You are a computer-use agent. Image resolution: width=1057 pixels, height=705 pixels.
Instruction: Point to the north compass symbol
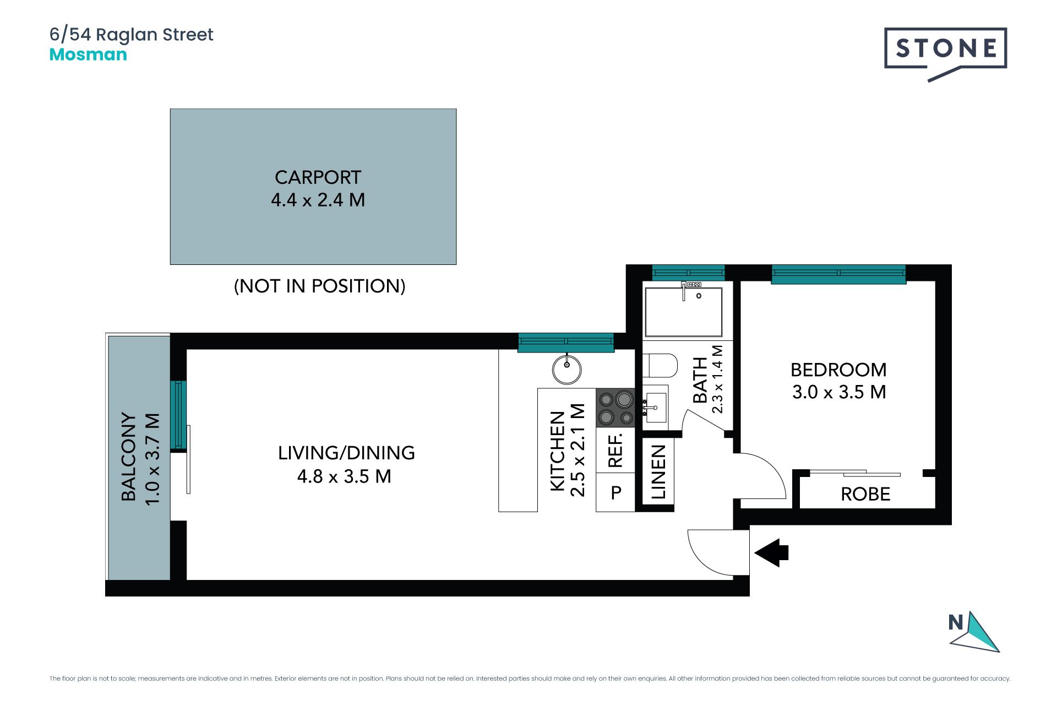[x=973, y=632]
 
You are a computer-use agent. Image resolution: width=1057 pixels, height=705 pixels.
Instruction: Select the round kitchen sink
[x=566, y=369]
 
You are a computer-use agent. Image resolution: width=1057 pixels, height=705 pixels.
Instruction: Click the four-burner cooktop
[x=615, y=408]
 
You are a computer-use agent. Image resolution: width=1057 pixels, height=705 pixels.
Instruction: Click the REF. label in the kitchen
[x=615, y=450]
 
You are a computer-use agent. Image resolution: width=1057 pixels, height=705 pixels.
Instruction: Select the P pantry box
[x=615, y=492]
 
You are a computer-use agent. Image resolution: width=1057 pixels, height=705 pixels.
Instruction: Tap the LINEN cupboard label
[x=658, y=472]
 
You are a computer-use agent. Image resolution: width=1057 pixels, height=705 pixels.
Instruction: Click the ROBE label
[x=865, y=494]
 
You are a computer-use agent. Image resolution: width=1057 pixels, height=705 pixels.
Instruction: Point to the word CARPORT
[x=318, y=177]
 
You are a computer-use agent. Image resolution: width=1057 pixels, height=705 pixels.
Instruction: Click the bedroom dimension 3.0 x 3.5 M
[x=839, y=392]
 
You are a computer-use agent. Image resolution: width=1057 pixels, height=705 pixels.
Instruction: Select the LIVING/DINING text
[x=346, y=453]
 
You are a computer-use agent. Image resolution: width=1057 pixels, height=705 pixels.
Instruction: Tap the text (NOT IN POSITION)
[x=319, y=286]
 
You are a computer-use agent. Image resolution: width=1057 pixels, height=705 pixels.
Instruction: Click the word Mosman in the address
[x=88, y=55]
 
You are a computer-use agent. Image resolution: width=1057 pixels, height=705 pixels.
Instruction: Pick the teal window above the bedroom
[x=838, y=274]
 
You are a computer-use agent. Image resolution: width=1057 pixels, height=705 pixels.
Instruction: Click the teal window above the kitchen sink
[x=566, y=342]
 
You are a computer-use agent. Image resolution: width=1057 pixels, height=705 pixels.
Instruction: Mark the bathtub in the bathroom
[x=683, y=312]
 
